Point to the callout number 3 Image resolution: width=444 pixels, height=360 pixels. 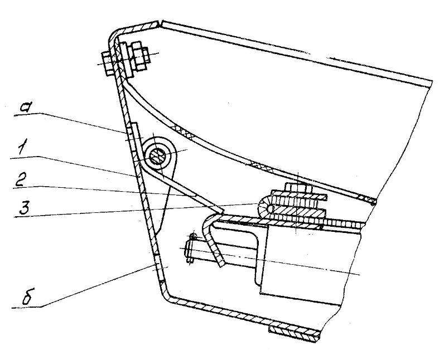coord(23,206)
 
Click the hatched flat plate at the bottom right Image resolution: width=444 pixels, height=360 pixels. coord(294,334)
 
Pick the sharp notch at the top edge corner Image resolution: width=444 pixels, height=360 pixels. coord(160,24)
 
